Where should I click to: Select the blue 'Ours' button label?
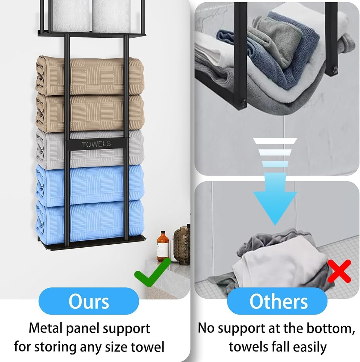[89, 301]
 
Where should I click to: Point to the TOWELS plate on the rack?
[97, 144]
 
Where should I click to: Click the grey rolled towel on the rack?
[90, 150]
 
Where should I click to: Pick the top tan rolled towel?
[90, 76]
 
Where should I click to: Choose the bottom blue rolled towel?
[90, 219]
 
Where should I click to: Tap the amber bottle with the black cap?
[163, 247]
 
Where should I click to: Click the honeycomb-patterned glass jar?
[182, 245]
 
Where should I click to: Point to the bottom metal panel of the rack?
[92, 243]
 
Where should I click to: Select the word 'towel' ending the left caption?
[148, 347]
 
